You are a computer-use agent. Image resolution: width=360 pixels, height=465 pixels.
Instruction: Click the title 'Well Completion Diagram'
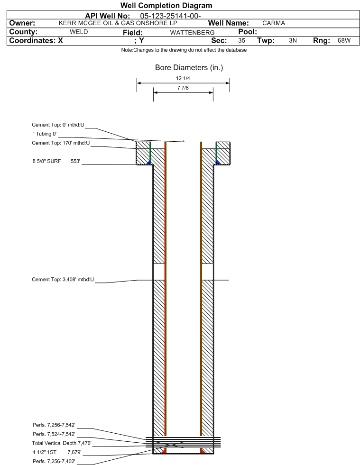click(166, 5)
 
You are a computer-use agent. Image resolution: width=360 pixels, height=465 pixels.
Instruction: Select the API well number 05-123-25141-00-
click(170, 16)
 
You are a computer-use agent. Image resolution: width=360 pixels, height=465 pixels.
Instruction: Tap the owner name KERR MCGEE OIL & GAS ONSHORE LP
click(118, 23)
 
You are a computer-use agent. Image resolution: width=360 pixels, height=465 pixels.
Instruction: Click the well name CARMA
click(274, 23)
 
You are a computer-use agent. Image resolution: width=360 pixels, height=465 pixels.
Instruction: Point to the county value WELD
click(79, 32)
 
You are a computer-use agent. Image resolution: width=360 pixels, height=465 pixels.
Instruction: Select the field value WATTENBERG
click(192, 32)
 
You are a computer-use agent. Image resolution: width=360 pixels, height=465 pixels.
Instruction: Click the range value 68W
click(344, 40)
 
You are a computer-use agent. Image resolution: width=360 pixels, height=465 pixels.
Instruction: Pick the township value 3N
click(293, 40)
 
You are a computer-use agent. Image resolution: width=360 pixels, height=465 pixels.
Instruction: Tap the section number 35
click(241, 40)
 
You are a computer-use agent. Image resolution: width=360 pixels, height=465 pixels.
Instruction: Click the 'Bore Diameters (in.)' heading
click(189, 68)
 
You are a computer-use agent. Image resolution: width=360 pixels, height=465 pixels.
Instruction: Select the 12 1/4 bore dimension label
click(183, 78)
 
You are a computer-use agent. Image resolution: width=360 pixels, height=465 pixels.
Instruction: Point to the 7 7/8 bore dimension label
click(183, 88)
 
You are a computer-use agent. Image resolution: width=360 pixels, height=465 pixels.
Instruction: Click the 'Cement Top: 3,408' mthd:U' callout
click(63, 279)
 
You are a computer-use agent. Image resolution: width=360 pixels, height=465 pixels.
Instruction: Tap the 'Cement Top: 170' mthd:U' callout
click(61, 143)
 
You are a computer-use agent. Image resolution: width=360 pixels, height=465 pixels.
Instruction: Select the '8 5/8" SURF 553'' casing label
click(56, 161)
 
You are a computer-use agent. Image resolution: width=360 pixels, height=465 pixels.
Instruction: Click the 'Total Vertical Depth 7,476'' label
click(62, 443)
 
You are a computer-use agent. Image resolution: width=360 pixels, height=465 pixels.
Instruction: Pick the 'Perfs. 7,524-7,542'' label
click(54, 434)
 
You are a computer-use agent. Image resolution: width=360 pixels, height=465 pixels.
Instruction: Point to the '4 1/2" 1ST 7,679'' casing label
click(57, 452)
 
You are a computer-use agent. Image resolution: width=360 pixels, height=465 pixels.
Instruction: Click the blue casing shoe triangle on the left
click(148, 163)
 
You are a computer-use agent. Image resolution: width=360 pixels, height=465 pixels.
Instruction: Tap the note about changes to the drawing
click(184, 50)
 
